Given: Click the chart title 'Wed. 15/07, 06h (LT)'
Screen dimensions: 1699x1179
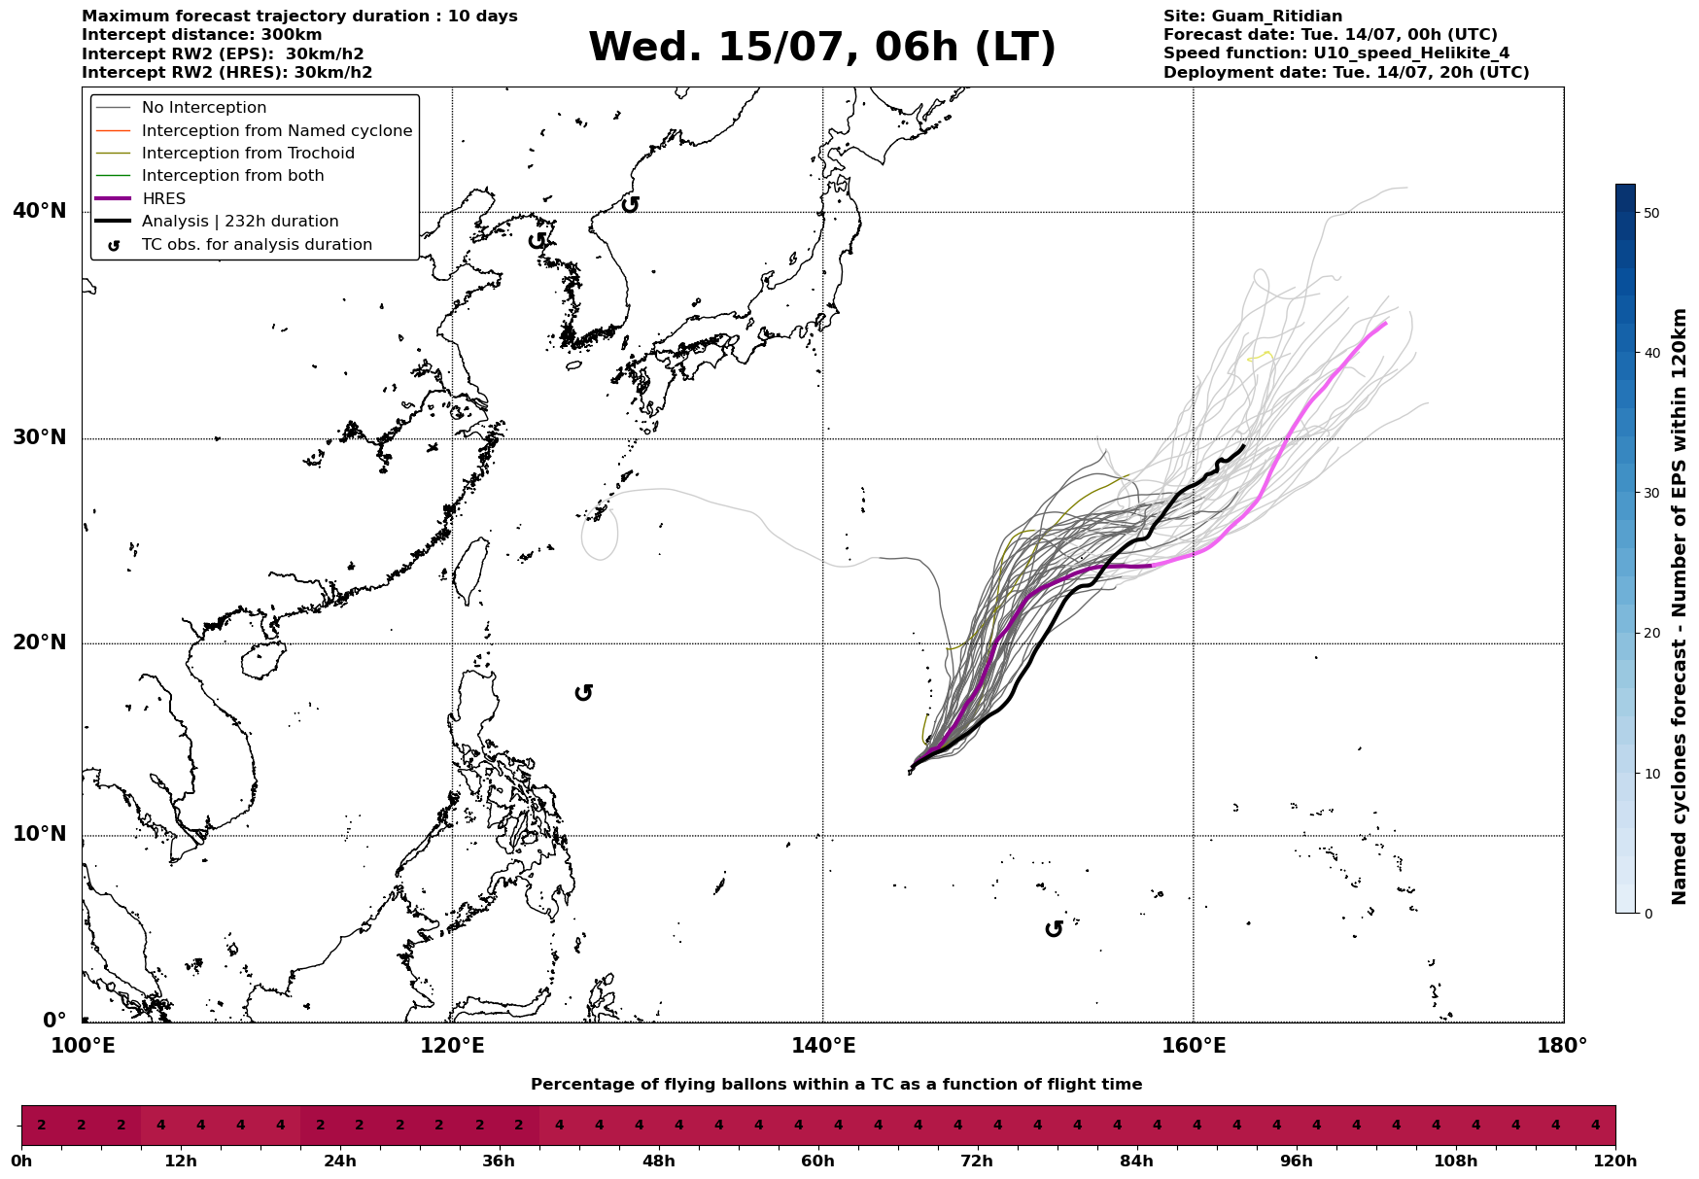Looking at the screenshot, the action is pyautogui.click(x=821, y=48).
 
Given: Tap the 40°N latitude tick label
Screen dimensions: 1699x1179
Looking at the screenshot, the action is pyautogui.click(x=39, y=211).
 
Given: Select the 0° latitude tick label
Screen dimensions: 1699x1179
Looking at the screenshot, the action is pyautogui.click(x=54, y=1021).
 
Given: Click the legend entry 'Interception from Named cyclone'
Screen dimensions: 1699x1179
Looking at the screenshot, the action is pyautogui.click(x=277, y=131).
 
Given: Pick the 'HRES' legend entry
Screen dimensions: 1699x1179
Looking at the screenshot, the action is pyautogui.click(x=163, y=199).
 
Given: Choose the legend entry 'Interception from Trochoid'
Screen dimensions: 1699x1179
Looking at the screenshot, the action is pyautogui.click(x=248, y=154).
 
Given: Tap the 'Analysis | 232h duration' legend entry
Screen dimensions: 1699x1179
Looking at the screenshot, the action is pyautogui.click(x=240, y=222).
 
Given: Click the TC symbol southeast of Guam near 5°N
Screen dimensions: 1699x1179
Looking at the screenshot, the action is pyautogui.click(x=1054, y=929).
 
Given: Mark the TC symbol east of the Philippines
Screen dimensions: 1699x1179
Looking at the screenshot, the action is pyautogui.click(x=583, y=693).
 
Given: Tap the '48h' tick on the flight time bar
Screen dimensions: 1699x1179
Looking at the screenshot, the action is pyautogui.click(x=658, y=1162).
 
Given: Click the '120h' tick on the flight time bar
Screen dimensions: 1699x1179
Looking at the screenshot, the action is pyautogui.click(x=1615, y=1162).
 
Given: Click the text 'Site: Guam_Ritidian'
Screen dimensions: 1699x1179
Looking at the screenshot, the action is pyautogui.click(x=1253, y=17).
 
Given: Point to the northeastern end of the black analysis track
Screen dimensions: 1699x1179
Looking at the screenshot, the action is pyautogui.click(x=1244, y=445).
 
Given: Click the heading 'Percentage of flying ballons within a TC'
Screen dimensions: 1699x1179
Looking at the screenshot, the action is pyautogui.click(x=700, y=1085).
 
